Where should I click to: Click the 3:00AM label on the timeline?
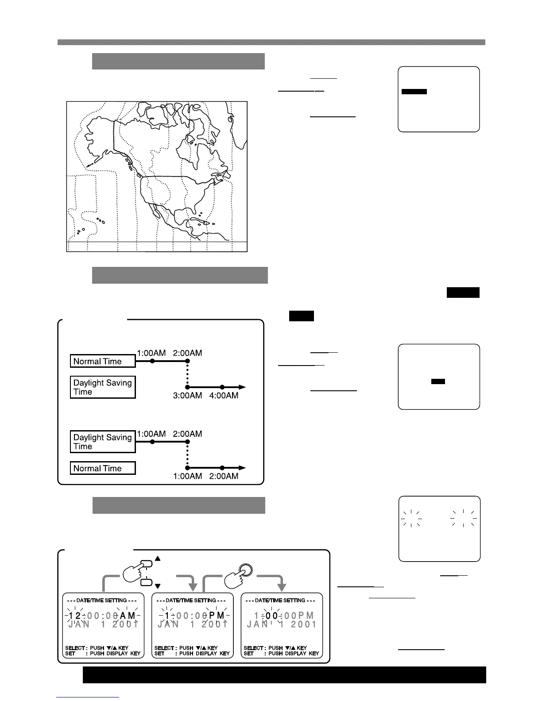187,396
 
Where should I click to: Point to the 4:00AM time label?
224,396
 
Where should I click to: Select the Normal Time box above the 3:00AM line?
103,361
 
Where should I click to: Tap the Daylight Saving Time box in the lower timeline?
103,442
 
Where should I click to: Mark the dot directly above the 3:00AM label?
187,387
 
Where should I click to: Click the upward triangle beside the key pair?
157,558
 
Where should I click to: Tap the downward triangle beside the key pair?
157,586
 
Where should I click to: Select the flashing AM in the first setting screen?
128,616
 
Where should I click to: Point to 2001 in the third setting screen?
301,624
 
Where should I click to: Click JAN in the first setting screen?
79,624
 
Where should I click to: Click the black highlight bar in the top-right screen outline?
414,92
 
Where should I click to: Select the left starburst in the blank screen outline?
411,517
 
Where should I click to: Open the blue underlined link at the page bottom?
88,697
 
